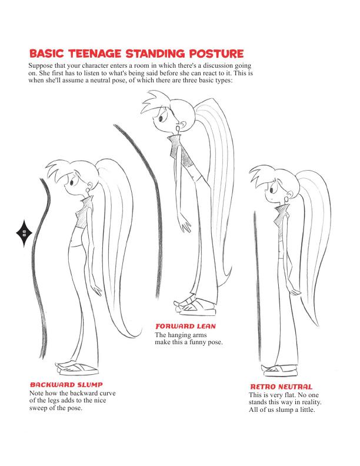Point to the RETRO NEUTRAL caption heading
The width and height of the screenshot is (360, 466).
coord(281,387)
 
